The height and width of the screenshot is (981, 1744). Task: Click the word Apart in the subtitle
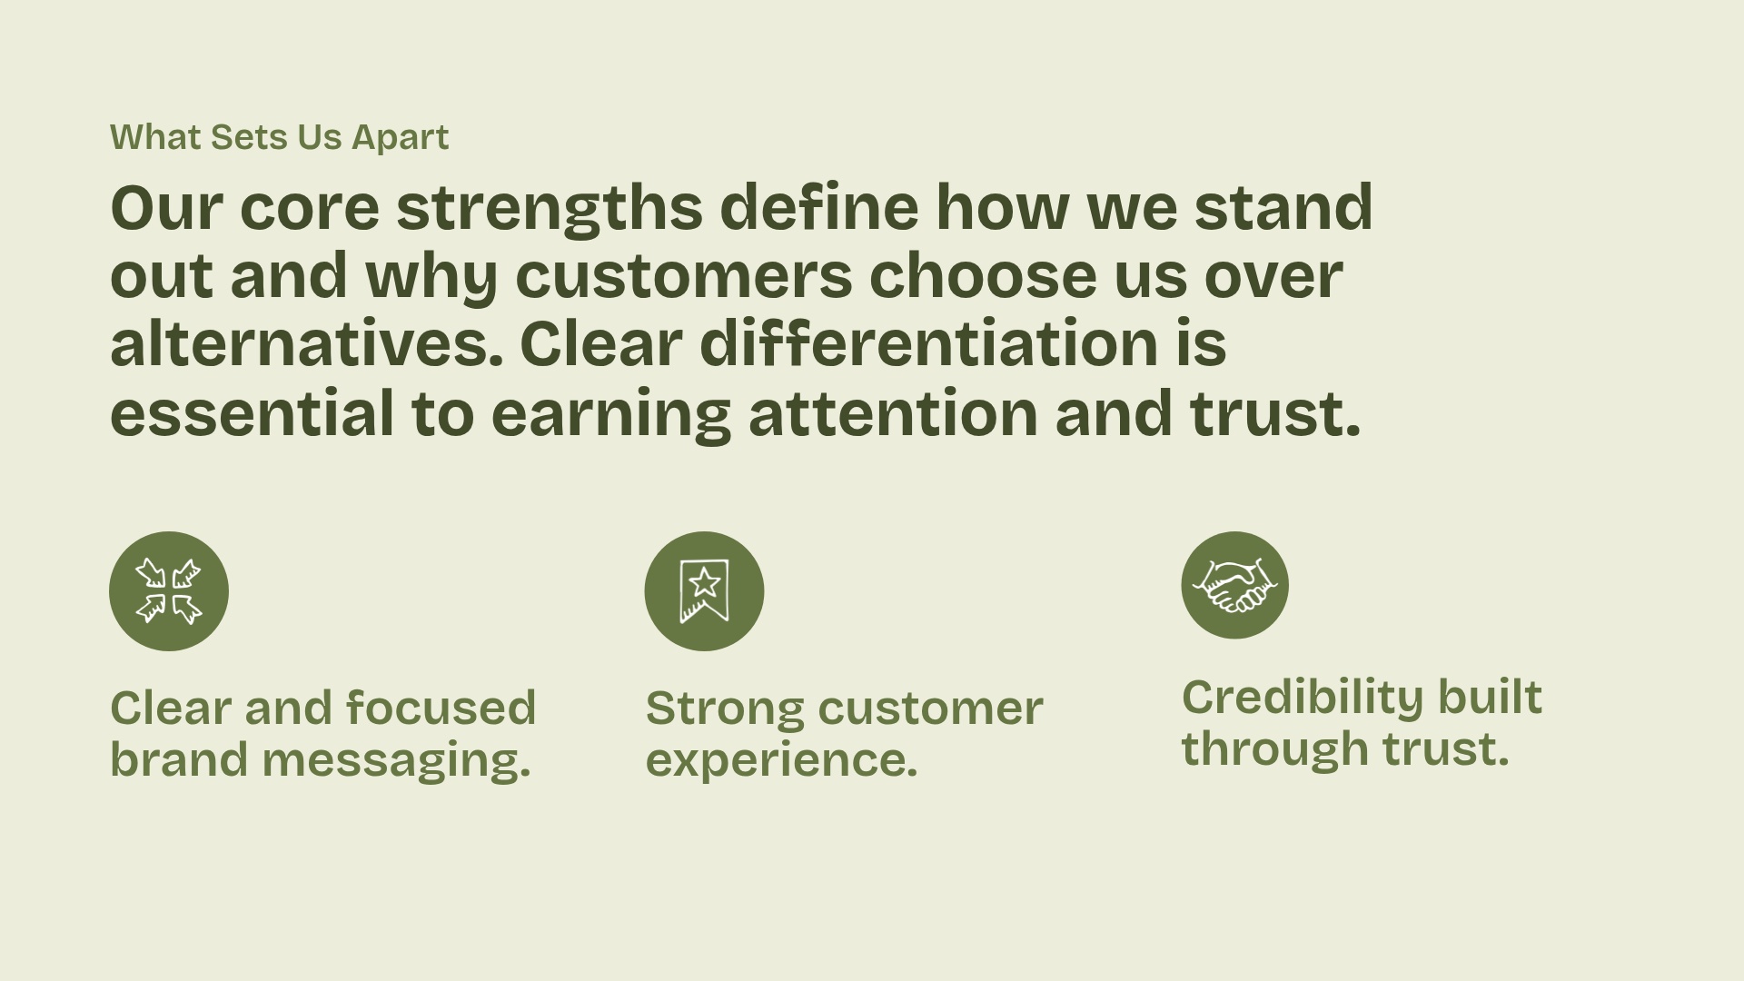(400, 137)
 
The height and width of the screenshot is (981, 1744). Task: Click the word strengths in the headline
(549, 208)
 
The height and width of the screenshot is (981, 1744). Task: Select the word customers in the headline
(683, 276)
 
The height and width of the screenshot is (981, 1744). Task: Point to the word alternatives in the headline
(306, 344)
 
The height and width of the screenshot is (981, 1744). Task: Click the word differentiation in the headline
(928, 344)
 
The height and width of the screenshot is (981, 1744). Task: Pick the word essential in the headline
(252, 413)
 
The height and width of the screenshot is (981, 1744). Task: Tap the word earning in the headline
(610, 413)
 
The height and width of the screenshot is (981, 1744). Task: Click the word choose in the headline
(982, 276)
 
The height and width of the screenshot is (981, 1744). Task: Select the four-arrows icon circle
(169, 591)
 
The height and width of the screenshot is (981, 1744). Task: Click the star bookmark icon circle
(704, 591)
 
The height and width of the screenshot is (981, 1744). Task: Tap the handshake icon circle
(1234, 585)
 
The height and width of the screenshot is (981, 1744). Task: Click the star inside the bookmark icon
(704, 582)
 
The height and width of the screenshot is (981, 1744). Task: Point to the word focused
(441, 708)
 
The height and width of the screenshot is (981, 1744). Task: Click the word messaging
(396, 760)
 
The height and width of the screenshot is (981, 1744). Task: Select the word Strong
(724, 708)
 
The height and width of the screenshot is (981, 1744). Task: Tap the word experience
(781, 760)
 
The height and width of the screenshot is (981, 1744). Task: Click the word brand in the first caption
(179, 760)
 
